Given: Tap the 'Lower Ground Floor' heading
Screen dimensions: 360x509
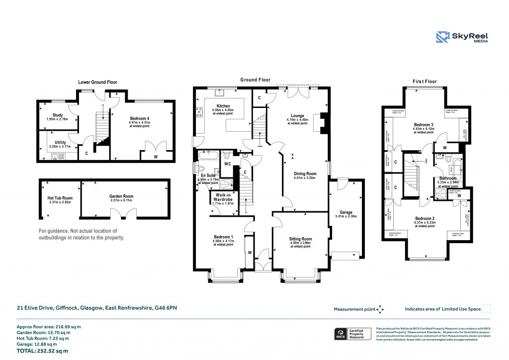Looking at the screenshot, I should coord(98,82).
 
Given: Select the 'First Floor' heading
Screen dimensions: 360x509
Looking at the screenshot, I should coord(424,81).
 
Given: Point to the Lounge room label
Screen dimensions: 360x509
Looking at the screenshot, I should coord(297,115).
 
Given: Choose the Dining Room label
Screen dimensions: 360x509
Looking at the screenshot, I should coord(305,174).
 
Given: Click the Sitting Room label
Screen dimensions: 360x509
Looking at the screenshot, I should coord(300,239).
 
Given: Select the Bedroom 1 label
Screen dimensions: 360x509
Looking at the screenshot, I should coord(223,237).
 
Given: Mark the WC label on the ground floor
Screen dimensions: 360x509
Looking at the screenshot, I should coord(227,164).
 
